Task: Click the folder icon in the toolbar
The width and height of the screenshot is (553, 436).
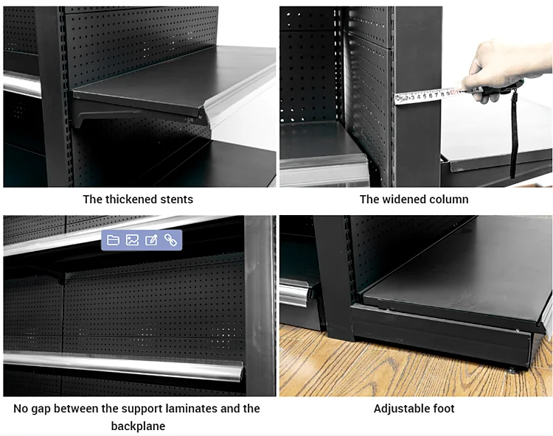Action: (x=113, y=240)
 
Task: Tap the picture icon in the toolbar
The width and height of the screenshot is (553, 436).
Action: (x=132, y=240)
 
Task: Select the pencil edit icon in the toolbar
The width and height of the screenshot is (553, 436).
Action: (x=151, y=240)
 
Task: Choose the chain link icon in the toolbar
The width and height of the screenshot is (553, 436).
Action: (x=170, y=240)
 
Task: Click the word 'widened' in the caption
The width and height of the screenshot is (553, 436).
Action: (x=404, y=199)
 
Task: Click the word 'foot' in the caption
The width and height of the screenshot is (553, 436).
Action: (x=443, y=409)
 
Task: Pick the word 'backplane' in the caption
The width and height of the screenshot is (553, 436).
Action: (x=138, y=426)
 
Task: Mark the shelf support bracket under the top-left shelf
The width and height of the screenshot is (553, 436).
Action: (x=111, y=116)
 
